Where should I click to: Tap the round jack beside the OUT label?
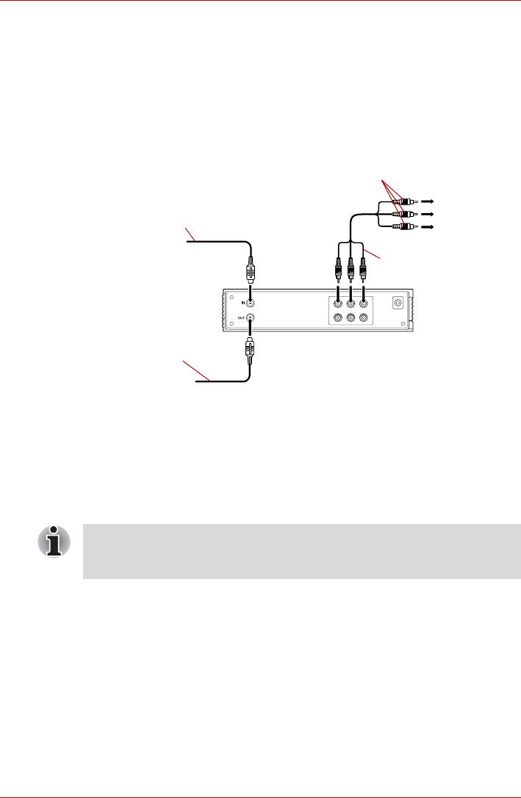point(250,319)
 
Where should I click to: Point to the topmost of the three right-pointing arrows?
point(427,200)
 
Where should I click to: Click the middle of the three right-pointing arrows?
point(427,214)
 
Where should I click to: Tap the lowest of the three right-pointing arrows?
point(427,228)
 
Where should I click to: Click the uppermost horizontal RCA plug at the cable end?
point(403,200)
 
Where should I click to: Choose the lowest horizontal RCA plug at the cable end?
point(403,228)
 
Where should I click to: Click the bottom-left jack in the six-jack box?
point(337,318)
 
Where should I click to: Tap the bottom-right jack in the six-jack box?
point(364,318)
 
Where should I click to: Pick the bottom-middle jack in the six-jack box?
point(351,318)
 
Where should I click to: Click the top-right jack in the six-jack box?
point(364,303)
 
